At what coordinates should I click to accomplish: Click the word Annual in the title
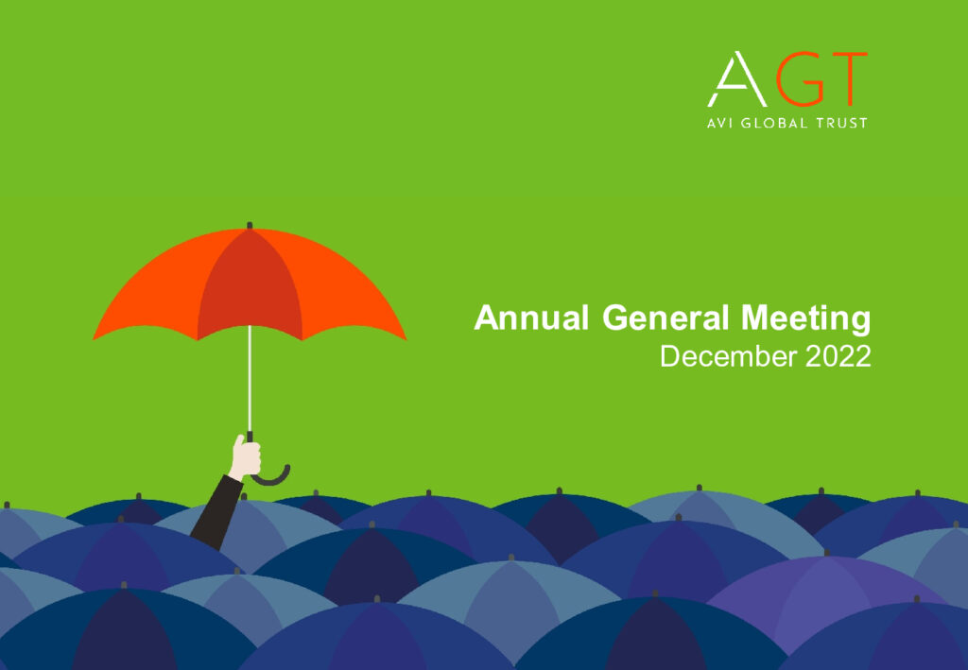tap(531, 318)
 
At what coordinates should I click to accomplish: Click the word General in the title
tap(665, 318)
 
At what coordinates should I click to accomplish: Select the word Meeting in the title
tap(805, 319)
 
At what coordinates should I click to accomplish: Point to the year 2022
tap(838, 356)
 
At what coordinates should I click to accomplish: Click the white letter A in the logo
tap(737, 79)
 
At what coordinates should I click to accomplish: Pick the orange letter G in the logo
tap(801, 79)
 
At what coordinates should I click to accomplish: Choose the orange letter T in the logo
tap(847, 79)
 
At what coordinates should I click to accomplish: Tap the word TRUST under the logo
tap(842, 123)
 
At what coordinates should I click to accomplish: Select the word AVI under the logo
tap(719, 123)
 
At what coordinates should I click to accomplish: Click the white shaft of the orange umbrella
tap(250, 378)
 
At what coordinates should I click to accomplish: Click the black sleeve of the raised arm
tap(216, 512)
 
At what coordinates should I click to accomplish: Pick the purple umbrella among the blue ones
tap(827, 602)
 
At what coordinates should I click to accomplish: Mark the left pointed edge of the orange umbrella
tap(94, 338)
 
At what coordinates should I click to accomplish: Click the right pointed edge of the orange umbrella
tap(406, 338)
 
